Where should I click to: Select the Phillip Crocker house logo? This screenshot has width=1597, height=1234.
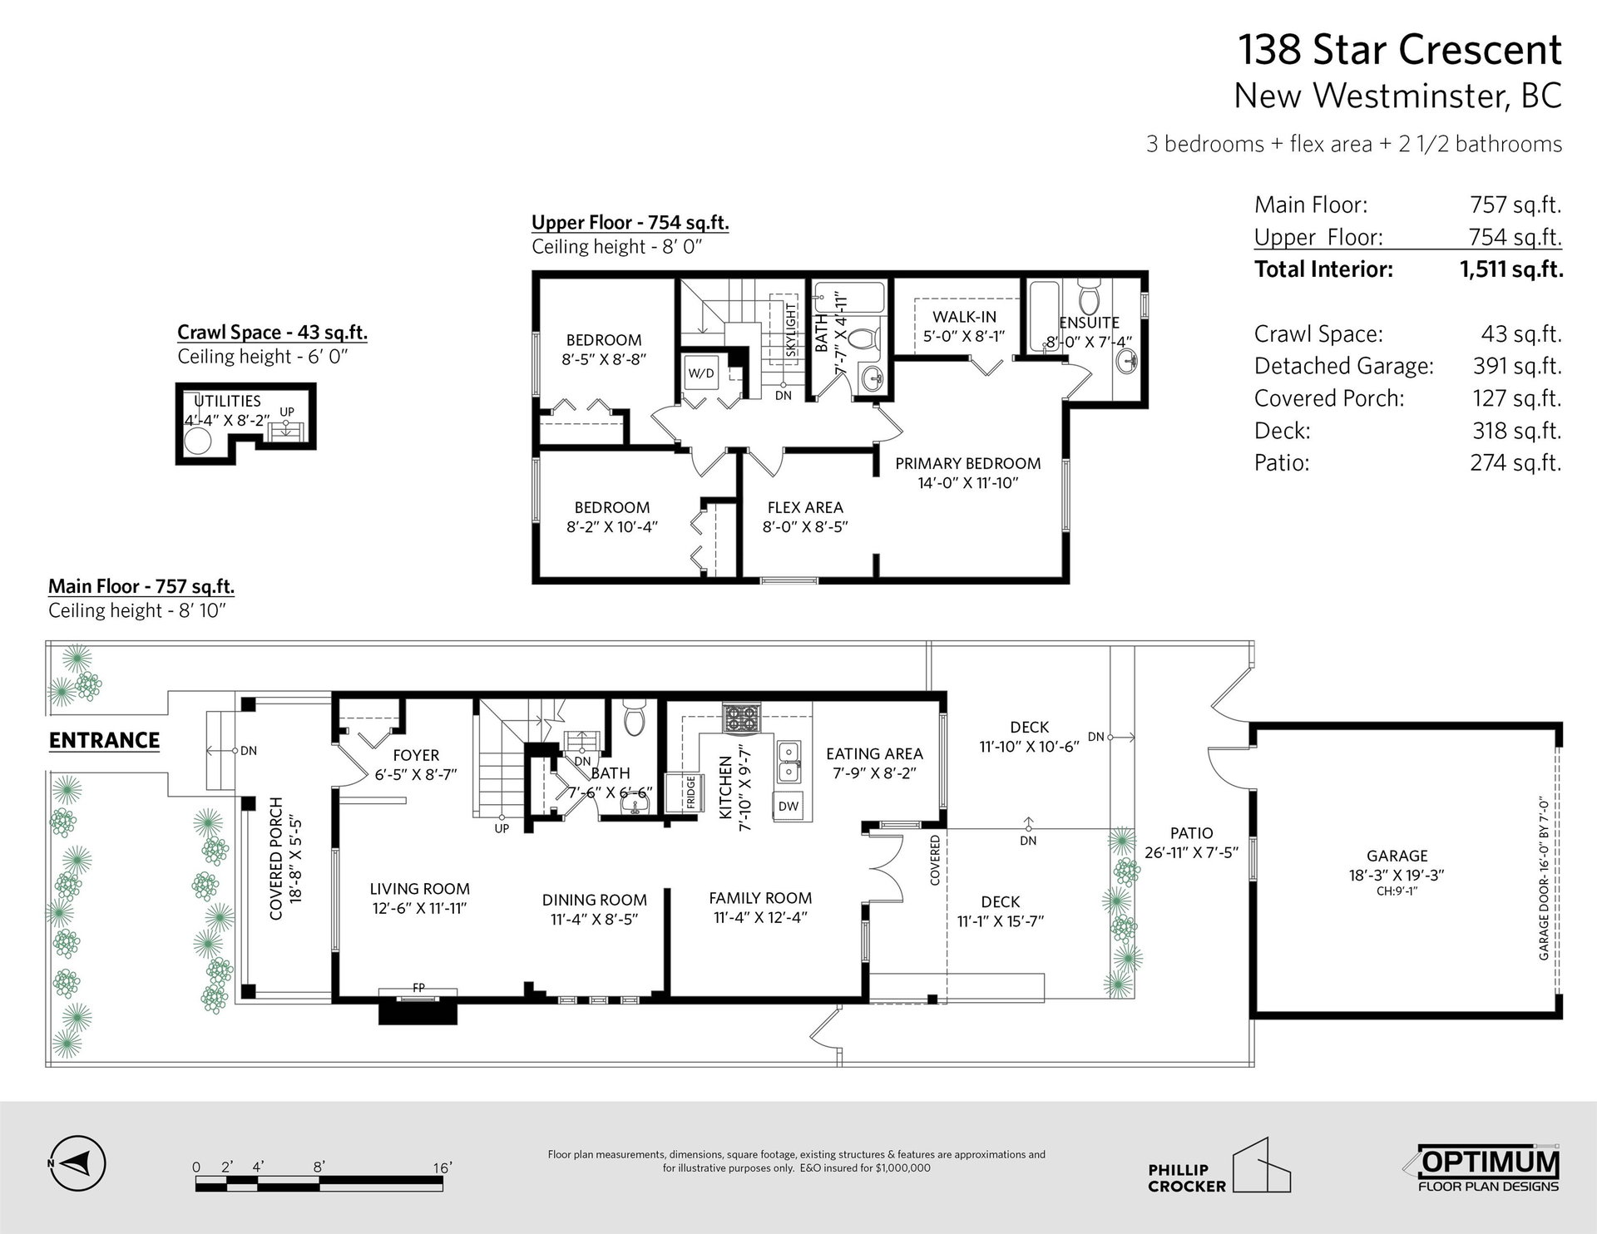click(x=1219, y=1165)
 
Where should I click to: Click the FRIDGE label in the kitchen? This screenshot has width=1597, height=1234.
click(x=691, y=792)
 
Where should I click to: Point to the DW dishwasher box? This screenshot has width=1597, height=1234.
click(x=789, y=806)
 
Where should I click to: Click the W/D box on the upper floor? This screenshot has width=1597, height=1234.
click(x=701, y=373)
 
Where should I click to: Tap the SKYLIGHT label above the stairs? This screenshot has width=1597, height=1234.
click(x=791, y=330)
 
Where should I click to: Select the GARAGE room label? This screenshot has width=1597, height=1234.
click(x=1397, y=856)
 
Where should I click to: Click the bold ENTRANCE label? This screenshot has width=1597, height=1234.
click(x=104, y=740)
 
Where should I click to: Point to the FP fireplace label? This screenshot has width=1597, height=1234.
click(x=418, y=988)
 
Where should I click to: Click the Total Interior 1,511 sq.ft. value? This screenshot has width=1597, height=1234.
click(x=1510, y=269)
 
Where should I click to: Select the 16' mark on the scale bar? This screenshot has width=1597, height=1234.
click(x=443, y=1167)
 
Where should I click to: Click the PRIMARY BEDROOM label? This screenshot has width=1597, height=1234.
click(x=968, y=463)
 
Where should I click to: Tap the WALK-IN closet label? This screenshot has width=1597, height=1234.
click(x=964, y=317)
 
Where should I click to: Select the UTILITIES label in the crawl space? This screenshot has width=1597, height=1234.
click(x=227, y=401)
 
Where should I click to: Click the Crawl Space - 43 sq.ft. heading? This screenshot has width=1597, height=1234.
click(x=272, y=333)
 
